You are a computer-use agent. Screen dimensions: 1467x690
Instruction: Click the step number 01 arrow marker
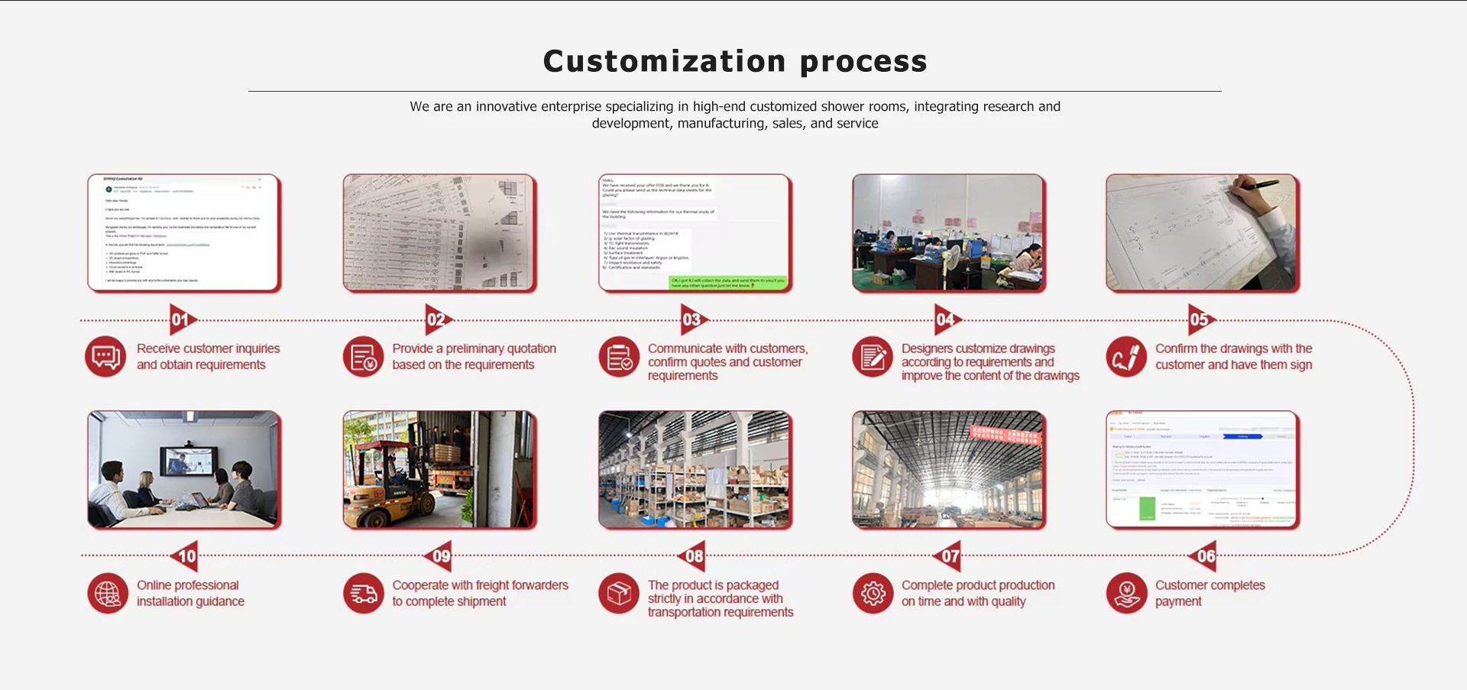[182, 319]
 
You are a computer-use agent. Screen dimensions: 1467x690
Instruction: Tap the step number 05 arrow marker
[1200, 319]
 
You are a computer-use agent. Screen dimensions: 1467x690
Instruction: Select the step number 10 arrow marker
[186, 556]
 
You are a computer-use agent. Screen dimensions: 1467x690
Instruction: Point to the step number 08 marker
[692, 556]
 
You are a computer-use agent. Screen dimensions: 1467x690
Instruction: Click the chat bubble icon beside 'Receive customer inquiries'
[105, 357]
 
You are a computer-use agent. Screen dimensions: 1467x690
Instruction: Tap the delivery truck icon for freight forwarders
[364, 594]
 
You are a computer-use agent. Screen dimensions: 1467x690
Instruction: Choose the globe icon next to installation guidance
[108, 594]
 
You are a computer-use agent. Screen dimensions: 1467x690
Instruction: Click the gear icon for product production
[873, 594]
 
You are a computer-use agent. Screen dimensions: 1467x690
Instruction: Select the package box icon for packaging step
[619, 594]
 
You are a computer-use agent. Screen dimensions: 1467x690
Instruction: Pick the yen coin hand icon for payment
[1127, 594]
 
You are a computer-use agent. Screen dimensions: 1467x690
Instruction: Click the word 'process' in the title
[863, 61]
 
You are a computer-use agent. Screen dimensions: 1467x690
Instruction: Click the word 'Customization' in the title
[664, 61]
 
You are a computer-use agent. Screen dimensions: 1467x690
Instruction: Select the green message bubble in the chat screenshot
[727, 283]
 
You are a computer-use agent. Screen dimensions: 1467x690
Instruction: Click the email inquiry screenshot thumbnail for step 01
[184, 232]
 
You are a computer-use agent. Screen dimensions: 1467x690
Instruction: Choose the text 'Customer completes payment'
[1210, 593]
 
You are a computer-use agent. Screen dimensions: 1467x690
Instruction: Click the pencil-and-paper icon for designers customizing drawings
[873, 357]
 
